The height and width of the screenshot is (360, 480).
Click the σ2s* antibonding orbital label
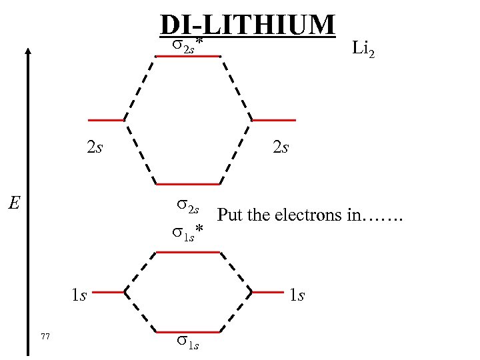pos(187,44)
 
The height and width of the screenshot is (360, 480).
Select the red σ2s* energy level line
pos(187,57)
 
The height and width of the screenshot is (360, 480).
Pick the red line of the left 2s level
pos(106,120)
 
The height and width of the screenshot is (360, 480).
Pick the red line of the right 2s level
pos(273,120)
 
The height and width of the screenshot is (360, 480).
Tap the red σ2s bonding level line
pos(187,183)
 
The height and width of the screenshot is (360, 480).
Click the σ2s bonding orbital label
pos(187,206)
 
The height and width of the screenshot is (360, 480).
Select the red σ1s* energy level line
pos(187,252)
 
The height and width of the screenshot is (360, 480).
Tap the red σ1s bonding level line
pos(187,331)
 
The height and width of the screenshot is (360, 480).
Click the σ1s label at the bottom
pos(187,343)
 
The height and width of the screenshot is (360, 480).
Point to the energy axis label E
pos(13,201)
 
